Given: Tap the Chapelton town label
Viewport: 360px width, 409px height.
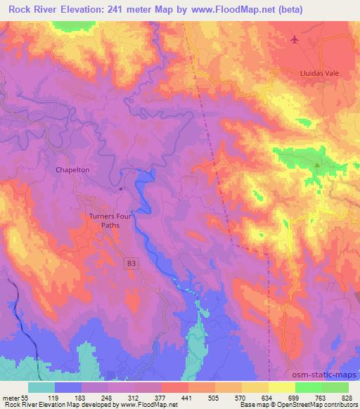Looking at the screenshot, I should (71, 170).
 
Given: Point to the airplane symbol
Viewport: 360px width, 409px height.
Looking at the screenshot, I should (294, 39).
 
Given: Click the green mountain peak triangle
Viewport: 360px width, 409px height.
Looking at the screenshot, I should (316, 165).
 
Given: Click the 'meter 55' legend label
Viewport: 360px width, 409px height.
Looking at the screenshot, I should (14, 398).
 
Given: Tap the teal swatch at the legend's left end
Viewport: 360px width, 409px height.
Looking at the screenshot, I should (41, 387).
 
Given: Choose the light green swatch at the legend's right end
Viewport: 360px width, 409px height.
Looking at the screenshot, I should (335, 387).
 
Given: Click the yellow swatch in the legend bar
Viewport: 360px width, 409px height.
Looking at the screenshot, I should (281, 387).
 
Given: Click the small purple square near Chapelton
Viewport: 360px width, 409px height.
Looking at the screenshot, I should (121, 188).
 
